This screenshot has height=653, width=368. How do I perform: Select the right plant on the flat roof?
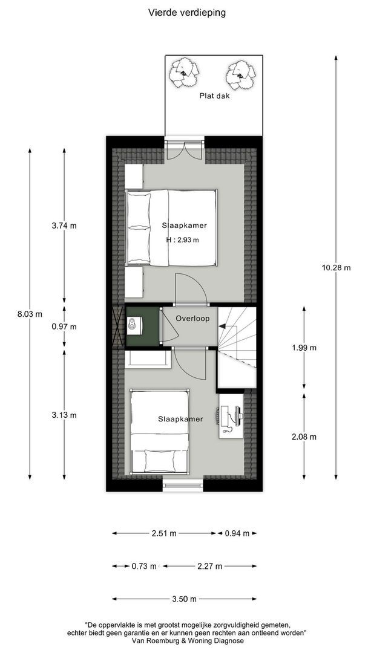[x=239, y=74]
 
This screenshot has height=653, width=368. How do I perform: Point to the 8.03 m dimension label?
[x=30, y=314]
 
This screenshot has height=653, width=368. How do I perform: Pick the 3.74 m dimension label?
[x=64, y=226]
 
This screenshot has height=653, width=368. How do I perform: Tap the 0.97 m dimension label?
[x=64, y=326]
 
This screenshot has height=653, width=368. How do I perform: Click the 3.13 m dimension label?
[x=64, y=415]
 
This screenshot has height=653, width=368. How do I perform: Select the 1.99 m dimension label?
[x=304, y=348]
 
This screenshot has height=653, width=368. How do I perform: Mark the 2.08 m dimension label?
[x=304, y=437]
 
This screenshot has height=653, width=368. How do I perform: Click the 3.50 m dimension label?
[x=184, y=599]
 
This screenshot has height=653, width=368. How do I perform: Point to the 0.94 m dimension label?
[x=237, y=533]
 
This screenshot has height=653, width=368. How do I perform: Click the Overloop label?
[x=192, y=318]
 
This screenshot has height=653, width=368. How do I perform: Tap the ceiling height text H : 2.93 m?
[x=183, y=240]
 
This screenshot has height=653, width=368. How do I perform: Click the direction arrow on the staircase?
[x=225, y=326]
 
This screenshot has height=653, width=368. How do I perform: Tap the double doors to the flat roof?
[x=184, y=149]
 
